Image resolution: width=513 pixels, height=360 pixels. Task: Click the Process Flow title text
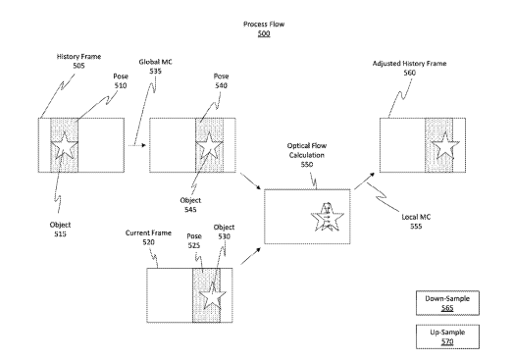pos(264,25)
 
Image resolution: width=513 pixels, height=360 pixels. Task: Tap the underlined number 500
pos(264,33)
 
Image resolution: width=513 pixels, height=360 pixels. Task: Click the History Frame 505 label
pos(78,61)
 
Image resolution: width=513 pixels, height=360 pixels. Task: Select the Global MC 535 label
pos(155,67)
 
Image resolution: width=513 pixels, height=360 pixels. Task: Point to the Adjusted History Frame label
pos(410,64)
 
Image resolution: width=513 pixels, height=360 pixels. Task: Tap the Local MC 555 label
pos(416,222)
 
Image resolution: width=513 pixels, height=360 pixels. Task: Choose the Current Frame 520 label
pos(148,237)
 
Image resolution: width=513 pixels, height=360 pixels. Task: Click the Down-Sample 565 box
pos(447,303)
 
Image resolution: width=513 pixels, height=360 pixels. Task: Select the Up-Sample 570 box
pos(447,336)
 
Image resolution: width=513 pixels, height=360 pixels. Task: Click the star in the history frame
pos(65,145)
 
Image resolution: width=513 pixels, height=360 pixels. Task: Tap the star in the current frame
pos(213,296)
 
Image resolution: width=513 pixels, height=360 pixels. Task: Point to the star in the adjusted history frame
pos(445,145)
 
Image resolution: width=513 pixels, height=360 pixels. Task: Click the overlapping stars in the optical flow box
pos(328,218)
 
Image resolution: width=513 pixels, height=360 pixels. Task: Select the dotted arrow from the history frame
pos(137,145)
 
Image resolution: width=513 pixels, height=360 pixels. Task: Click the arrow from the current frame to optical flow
pos(250,256)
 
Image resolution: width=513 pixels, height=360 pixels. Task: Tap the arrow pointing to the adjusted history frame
pos(365,180)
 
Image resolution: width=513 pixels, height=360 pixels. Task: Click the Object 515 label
pos(60,230)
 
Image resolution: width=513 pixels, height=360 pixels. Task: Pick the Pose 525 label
pos(194,241)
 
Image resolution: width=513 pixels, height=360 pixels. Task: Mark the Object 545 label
pos(190,205)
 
